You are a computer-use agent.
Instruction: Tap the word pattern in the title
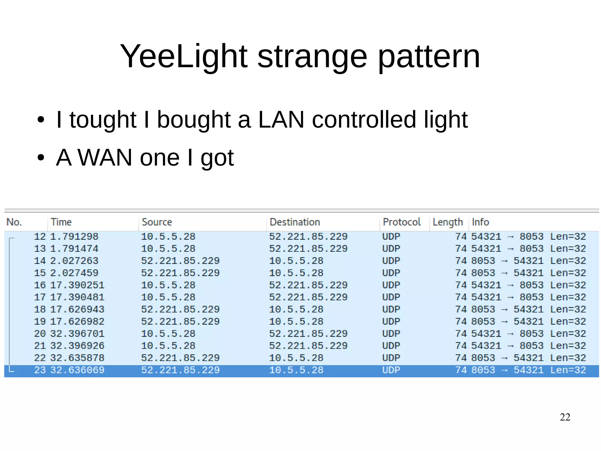(x=429, y=56)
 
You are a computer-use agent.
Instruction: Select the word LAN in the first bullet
(x=281, y=120)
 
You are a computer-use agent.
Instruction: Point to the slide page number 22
(x=565, y=417)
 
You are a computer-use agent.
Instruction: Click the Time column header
(x=61, y=222)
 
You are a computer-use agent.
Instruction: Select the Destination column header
(x=295, y=222)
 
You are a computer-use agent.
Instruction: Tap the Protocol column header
(x=401, y=222)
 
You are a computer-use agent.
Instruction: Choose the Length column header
(x=448, y=222)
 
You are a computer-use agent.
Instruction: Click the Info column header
(x=480, y=222)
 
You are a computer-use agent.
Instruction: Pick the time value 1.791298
(x=74, y=237)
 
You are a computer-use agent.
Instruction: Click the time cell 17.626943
(x=77, y=309)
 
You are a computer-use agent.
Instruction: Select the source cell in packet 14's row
(x=180, y=261)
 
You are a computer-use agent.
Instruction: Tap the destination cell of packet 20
(x=308, y=334)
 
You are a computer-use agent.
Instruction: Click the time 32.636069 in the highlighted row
(x=77, y=370)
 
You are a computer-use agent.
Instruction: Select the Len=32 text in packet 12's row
(x=568, y=237)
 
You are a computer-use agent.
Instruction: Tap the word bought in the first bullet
(x=194, y=120)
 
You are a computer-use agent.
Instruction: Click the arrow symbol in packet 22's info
(x=504, y=358)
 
